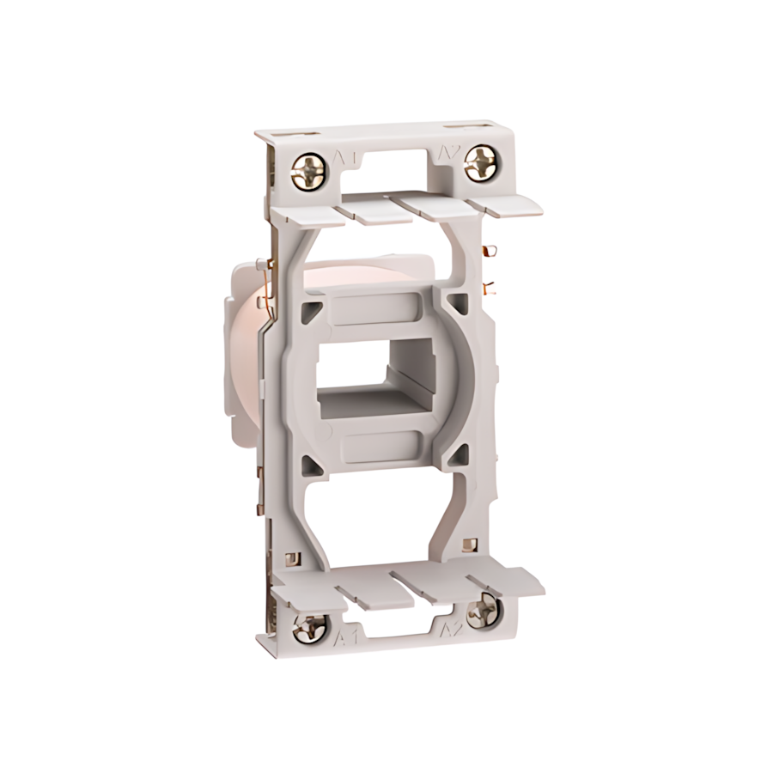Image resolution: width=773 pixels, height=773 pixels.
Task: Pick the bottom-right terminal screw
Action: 483,612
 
